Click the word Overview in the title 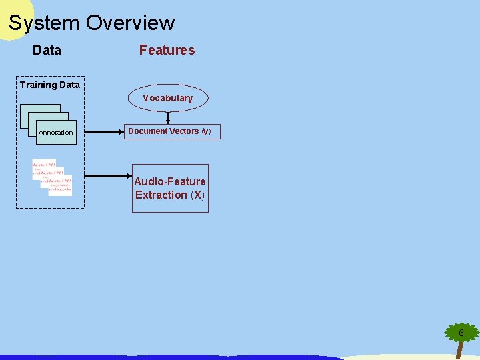130,23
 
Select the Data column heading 47,50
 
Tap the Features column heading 167,50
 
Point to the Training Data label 49,85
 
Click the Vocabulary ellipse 167,98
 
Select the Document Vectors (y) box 169,131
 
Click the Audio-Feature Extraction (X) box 170,188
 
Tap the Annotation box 56,132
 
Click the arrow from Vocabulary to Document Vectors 168,118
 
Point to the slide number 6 461,332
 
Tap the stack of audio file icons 52,177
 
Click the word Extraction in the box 161,195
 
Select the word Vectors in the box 183,131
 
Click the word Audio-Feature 170,181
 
